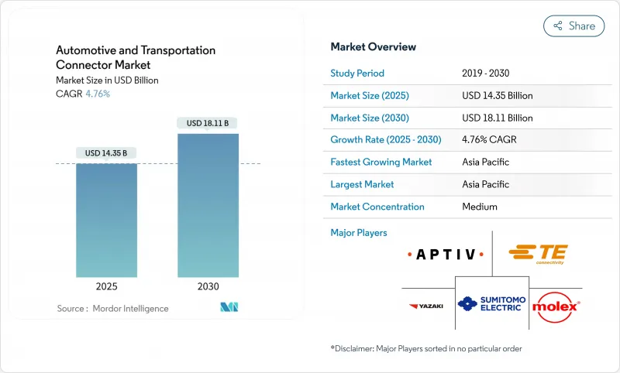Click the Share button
coord(573,26)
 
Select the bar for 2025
coord(106,220)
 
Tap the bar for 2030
coord(208,205)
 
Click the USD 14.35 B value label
coord(106,153)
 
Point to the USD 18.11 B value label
coord(208,123)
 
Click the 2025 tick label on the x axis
coord(106,286)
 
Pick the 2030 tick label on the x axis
coord(208,286)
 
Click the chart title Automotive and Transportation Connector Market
coord(136,58)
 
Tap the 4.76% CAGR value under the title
coord(97,94)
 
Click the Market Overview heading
coord(374,46)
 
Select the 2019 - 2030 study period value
coord(486,74)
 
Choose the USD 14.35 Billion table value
coord(497,96)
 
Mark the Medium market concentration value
coord(479,207)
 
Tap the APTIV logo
coord(445,255)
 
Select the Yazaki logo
coord(426,306)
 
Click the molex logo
coord(556,306)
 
